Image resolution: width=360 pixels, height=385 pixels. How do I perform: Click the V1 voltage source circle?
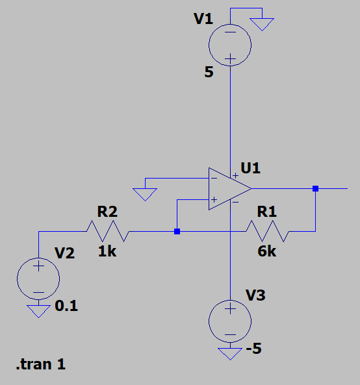(x=230, y=45)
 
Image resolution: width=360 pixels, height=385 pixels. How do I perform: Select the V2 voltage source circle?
(x=38, y=279)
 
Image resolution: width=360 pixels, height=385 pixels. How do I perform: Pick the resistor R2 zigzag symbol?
(x=108, y=231)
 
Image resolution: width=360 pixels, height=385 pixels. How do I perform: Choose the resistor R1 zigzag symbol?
(x=267, y=231)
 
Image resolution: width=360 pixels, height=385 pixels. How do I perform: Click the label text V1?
(x=203, y=19)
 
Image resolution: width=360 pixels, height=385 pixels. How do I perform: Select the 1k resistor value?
(x=107, y=252)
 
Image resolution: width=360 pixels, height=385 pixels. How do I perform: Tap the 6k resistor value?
(x=266, y=252)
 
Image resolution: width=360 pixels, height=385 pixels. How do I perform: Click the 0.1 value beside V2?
(x=66, y=306)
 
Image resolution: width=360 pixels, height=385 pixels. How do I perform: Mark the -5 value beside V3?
(x=253, y=350)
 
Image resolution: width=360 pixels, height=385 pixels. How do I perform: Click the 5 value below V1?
(x=208, y=72)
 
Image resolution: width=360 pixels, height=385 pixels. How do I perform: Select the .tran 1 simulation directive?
(x=40, y=364)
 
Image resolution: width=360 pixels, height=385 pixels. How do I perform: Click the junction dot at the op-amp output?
(x=315, y=189)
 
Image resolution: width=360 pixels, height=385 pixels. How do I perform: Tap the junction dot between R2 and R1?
(x=177, y=231)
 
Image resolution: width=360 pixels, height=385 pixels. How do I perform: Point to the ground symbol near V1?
(x=263, y=24)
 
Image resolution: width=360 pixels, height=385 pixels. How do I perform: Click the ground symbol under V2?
(x=39, y=311)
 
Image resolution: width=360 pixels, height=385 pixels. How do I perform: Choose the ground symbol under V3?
(x=230, y=354)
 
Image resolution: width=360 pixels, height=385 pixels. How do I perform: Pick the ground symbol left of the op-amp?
(x=144, y=193)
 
